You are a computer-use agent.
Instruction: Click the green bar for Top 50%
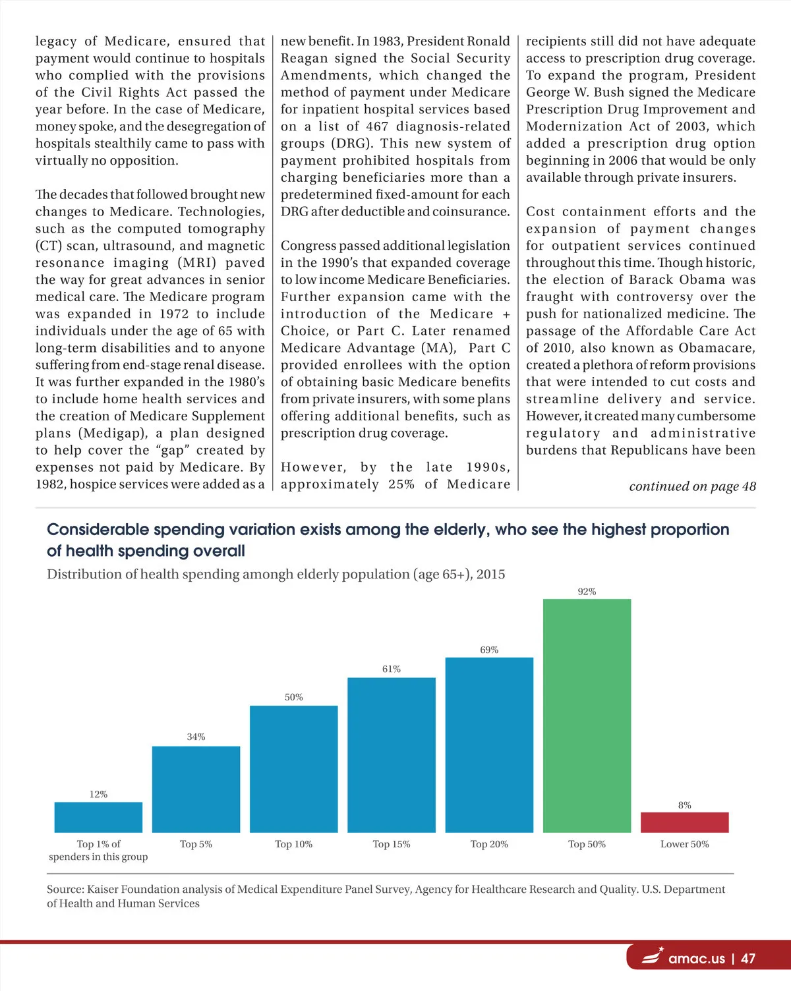pyautogui.click(x=587, y=715)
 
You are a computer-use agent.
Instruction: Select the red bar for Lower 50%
pyautogui.click(x=684, y=822)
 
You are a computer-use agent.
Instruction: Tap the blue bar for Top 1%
pyautogui.click(x=98, y=817)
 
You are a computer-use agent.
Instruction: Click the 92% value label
pyautogui.click(x=587, y=592)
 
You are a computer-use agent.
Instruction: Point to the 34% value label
pyautogui.click(x=196, y=737)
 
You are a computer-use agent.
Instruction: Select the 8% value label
pyautogui.click(x=684, y=805)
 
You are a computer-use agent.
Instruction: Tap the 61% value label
pyautogui.click(x=392, y=669)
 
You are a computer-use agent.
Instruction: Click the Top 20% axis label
pyautogui.click(x=489, y=844)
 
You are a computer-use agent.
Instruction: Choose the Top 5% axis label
pyautogui.click(x=196, y=844)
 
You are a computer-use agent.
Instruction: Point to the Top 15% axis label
pyautogui.click(x=392, y=844)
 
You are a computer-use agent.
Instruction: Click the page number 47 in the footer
pyautogui.click(x=747, y=959)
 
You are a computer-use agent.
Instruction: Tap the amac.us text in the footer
pyautogui.click(x=696, y=959)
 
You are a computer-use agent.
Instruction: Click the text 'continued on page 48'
pyautogui.click(x=692, y=486)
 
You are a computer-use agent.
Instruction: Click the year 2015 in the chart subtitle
pyautogui.click(x=490, y=574)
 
